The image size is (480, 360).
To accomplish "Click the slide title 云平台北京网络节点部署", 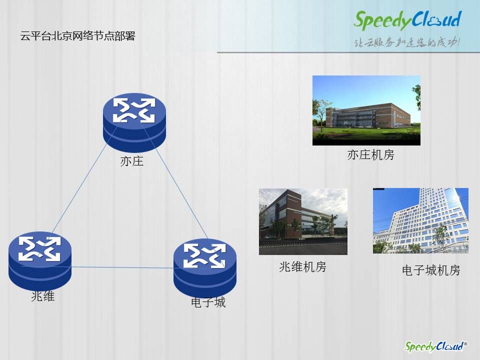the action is point(78,36).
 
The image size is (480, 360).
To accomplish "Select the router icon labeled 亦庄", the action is point(134,122).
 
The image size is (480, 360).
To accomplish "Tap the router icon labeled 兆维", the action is point(40,261).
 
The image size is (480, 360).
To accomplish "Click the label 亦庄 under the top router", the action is point(132,161).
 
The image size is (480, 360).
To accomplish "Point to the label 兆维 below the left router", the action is point(43,296).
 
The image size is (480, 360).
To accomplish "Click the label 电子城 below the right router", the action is point(208,302).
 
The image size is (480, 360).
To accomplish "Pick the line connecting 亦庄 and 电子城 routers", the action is point(174,180).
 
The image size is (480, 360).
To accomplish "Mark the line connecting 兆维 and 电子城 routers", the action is point(122,267).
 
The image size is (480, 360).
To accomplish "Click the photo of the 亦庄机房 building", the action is point(366,110).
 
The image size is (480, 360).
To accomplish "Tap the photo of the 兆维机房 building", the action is point(303,221).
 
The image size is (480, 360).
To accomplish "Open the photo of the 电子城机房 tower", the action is point(420,220).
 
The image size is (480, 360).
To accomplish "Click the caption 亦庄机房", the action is point(370,155).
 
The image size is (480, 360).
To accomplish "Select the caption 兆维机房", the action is point(303,267).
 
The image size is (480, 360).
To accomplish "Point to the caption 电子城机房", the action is point(431,270).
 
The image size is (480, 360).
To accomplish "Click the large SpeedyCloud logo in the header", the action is point(407,20).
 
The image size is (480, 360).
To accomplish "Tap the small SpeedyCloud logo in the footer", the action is point(435,346).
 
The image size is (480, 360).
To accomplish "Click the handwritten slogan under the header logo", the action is point(407,42).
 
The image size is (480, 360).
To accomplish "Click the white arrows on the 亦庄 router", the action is point(134,110).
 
